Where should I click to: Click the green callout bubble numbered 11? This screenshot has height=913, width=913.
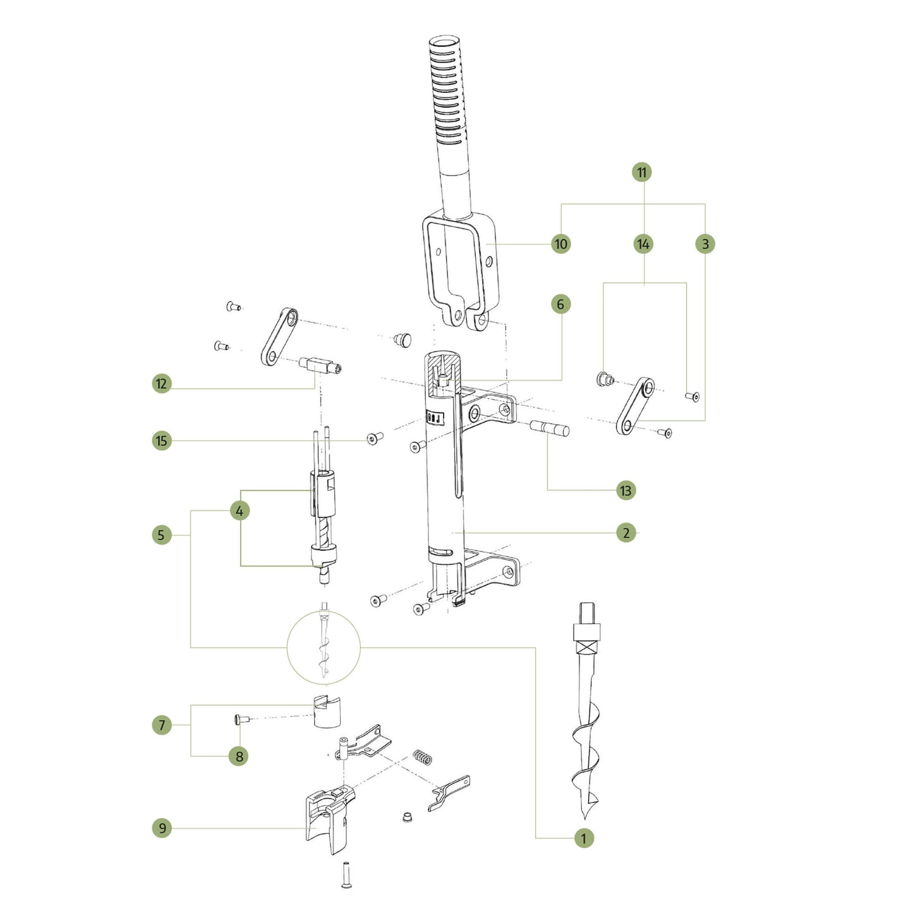click(642, 172)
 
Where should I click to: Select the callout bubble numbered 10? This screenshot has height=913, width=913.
click(560, 244)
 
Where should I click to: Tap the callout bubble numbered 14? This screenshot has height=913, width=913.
click(643, 244)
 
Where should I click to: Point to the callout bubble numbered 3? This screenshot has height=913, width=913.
click(705, 244)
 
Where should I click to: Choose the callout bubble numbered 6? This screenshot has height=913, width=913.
click(560, 304)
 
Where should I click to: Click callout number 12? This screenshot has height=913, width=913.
click(162, 384)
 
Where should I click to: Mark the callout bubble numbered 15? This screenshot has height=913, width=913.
click(162, 440)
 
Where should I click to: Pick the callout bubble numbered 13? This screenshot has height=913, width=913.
click(626, 490)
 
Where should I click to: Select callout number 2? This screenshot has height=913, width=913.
click(626, 533)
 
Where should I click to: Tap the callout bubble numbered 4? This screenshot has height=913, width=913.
click(239, 511)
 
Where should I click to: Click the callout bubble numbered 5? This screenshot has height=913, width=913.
click(162, 535)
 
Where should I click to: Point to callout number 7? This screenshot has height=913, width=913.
click(162, 725)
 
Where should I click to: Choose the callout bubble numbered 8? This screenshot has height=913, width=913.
click(238, 756)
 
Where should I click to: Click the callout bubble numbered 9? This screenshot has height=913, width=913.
click(162, 828)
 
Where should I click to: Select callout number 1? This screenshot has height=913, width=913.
click(584, 838)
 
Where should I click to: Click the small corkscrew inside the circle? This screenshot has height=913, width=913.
click(323, 651)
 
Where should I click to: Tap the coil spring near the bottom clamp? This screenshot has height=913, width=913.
click(423, 756)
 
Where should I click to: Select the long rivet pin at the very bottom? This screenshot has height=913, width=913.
click(346, 874)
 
